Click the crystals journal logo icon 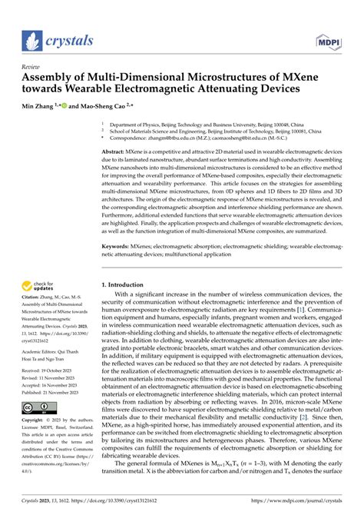tap(31, 41)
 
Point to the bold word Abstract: tap(117, 153)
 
